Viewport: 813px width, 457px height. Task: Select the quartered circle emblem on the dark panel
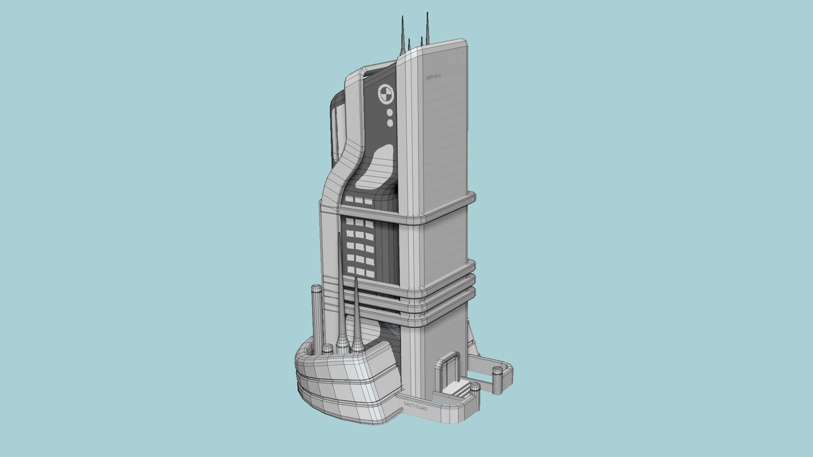(x=385, y=94)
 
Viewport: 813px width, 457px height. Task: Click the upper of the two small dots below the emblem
(x=390, y=113)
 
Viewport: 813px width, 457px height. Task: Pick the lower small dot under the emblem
(x=390, y=123)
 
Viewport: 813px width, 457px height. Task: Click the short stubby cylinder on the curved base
(x=327, y=349)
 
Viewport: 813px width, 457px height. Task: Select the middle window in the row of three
(x=359, y=201)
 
